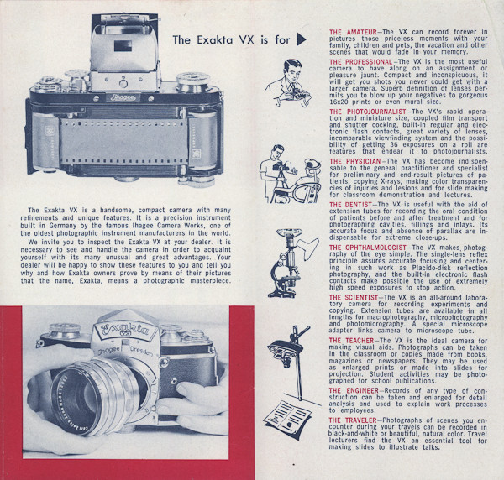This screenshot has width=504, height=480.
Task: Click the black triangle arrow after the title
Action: (x=301, y=39)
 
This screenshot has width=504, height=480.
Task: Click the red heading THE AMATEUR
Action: (x=353, y=32)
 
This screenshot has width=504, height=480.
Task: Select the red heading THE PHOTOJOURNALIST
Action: (x=368, y=112)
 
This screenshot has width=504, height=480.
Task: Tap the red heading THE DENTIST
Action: (x=350, y=205)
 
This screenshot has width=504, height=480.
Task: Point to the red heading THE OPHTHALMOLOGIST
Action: (x=368, y=248)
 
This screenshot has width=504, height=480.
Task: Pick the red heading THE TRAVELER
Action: (x=353, y=420)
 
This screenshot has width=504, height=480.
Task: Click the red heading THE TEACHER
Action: (x=351, y=341)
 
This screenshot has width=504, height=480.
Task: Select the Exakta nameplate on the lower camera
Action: (x=124, y=330)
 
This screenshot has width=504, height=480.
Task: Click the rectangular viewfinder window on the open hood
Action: (x=123, y=46)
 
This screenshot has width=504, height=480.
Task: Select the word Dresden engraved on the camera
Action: (x=141, y=352)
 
